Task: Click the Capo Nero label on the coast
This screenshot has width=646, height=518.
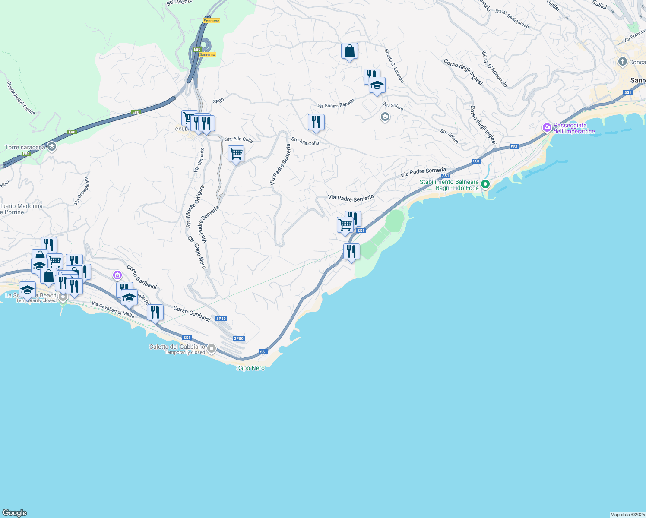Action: [250, 368]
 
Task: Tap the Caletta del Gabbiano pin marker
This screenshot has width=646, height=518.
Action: [212, 348]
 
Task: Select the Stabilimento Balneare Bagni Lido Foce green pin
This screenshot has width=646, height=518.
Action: [485, 184]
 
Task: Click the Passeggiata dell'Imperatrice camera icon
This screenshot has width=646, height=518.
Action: [547, 128]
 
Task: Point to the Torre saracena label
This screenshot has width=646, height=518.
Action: [25, 148]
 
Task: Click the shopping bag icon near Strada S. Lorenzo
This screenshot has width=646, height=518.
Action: [349, 51]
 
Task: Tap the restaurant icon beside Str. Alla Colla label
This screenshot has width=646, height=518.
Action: [316, 122]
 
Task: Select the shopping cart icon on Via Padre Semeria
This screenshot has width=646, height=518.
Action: [236, 154]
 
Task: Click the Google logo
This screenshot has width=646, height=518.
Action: [15, 513]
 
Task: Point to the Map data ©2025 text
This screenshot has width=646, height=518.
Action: [627, 515]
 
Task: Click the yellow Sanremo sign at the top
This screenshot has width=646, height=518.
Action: [212, 21]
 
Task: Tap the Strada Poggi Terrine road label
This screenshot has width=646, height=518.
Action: [21, 98]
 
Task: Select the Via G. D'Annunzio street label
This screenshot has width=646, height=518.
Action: [494, 69]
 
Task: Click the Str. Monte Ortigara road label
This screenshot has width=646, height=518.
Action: [195, 207]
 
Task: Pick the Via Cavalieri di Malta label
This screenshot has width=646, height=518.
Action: [113, 310]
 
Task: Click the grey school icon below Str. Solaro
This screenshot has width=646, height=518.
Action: [385, 117]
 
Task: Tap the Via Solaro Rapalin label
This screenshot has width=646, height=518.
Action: [336, 104]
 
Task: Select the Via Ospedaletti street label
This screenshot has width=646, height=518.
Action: [82, 191]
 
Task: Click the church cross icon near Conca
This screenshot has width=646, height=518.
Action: [622, 62]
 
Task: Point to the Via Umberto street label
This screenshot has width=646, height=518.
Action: [199, 160]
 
